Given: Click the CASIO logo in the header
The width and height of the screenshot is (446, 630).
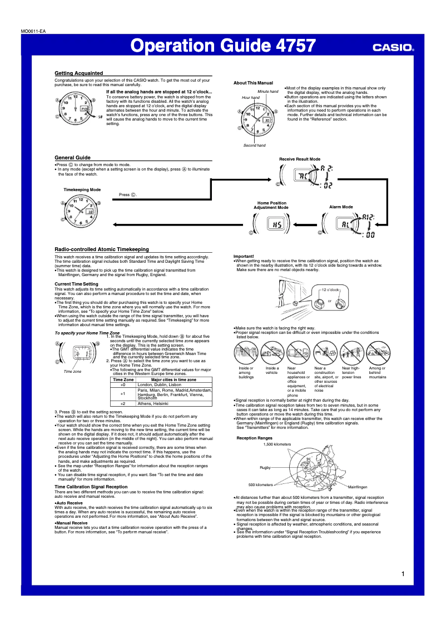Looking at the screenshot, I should (393, 47).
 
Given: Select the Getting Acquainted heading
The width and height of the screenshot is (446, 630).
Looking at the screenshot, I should (78, 73).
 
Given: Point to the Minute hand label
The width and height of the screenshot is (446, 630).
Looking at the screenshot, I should (267, 91).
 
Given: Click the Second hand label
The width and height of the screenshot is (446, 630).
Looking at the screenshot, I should (254, 145).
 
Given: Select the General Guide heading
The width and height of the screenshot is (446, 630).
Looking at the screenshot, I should (72, 158).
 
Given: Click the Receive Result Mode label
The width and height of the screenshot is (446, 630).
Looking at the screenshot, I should (299, 159).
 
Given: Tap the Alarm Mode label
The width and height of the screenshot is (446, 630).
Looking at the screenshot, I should (341, 207).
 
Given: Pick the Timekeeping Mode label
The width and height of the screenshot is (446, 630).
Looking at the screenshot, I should (82, 189).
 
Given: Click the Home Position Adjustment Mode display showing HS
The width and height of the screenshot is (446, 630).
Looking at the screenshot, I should (275, 224).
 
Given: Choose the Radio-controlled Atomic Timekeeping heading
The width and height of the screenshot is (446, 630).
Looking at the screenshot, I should (102, 249).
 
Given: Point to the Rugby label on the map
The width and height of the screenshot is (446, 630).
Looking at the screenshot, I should (265, 467).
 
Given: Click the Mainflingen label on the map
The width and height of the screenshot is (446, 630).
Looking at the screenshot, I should (358, 487).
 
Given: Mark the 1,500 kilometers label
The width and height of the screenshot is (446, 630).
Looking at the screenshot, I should (277, 444).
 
